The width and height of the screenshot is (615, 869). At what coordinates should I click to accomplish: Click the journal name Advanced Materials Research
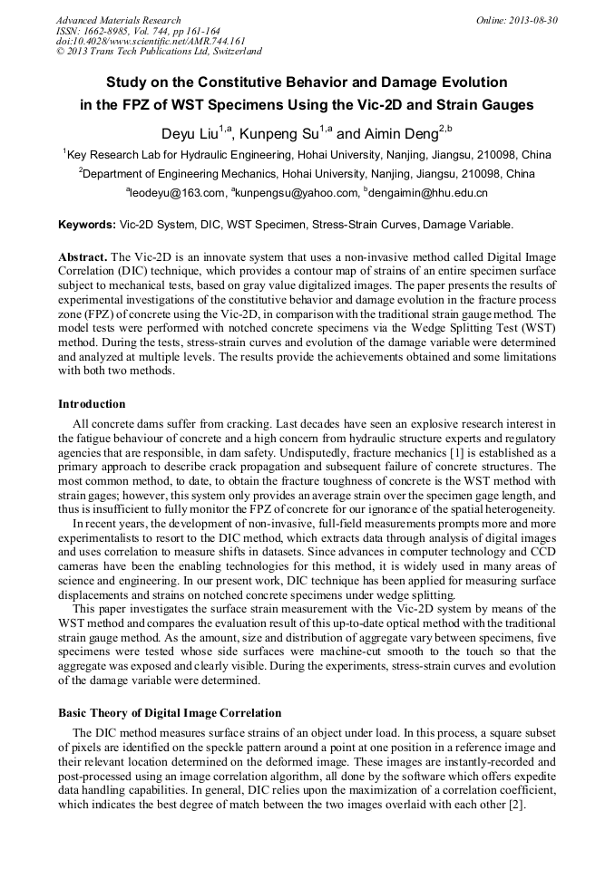[x=118, y=20]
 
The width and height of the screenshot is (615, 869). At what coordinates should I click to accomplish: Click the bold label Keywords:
[x=87, y=224]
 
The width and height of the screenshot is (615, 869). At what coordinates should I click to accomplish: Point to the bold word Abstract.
[x=83, y=257]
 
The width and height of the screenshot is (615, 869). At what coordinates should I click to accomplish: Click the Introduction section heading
[x=92, y=403]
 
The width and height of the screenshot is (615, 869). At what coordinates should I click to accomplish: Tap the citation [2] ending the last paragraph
[x=516, y=806]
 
